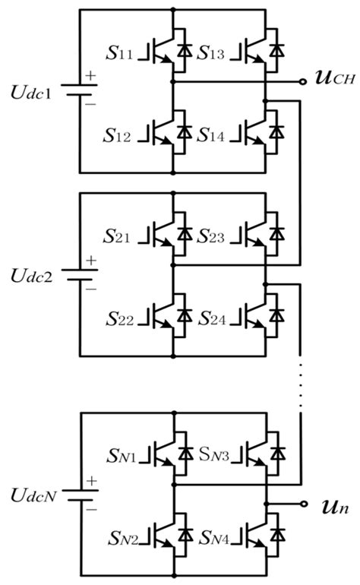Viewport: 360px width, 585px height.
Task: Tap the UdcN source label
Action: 31,496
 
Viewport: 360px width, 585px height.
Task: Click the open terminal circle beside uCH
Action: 304,80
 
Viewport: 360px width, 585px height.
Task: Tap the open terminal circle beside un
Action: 304,504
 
